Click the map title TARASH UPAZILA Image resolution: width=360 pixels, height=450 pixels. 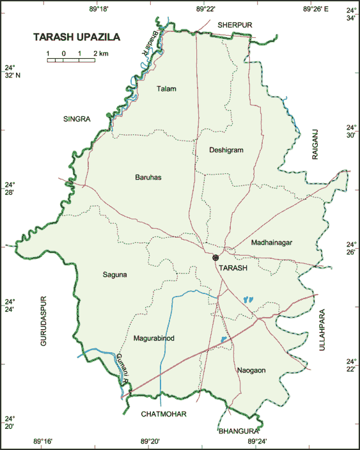pos(77,38)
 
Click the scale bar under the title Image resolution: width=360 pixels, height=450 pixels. pos(70,61)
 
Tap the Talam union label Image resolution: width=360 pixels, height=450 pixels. pos(166,89)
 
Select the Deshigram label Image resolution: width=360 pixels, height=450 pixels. pos(226,150)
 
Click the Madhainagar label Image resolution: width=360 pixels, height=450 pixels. pos(272,243)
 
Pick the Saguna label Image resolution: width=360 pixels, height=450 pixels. pos(115,275)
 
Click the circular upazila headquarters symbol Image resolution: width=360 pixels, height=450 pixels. pos(215,258)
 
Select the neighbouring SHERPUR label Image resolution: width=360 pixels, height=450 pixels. pos(235,24)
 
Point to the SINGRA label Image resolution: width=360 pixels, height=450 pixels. pos(77,119)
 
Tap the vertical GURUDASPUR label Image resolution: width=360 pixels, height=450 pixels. pos(43,320)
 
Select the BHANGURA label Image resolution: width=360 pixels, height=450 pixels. pos(238,431)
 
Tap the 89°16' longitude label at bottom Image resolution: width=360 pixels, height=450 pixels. pos(42,441)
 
